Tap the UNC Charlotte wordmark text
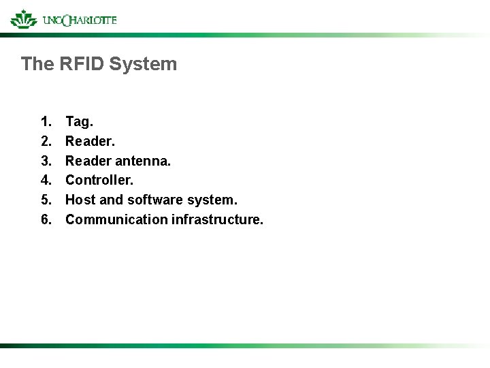click(x=79, y=20)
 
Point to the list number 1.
click(x=46, y=122)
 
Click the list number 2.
click(x=46, y=142)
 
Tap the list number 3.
click(x=46, y=162)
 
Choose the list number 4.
click(x=46, y=181)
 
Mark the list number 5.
click(x=46, y=200)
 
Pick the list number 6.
click(x=46, y=219)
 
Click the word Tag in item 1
click(x=78, y=122)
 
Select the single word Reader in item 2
click(x=89, y=142)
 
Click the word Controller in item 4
click(x=99, y=181)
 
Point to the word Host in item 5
click(x=80, y=200)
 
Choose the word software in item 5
click(x=155, y=200)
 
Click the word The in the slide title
click(x=34, y=64)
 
